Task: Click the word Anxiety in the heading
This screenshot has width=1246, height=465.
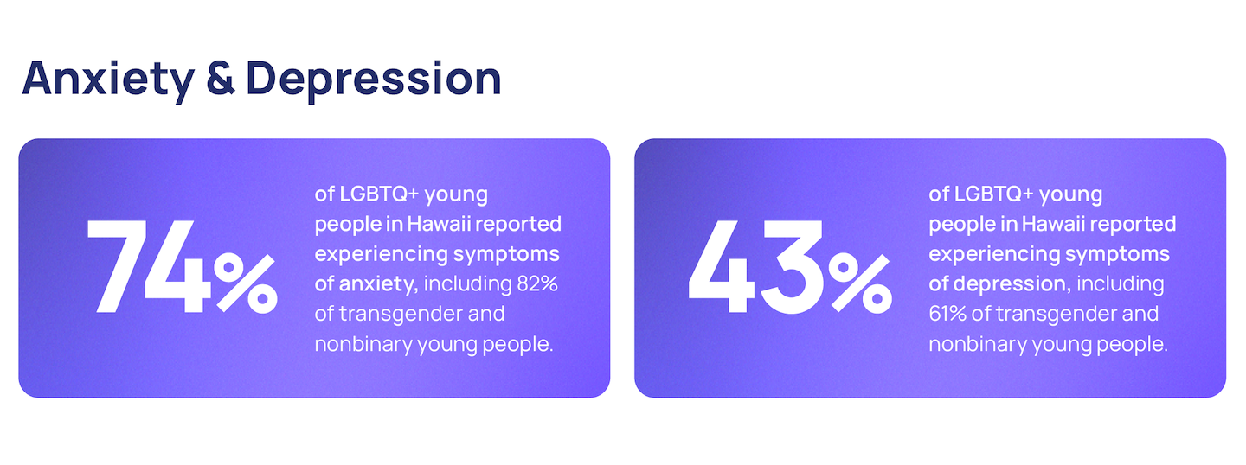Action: pyautogui.click(x=108, y=80)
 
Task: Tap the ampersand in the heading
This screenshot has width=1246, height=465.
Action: pyautogui.click(x=221, y=78)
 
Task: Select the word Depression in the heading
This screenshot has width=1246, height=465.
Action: pyautogui.click(x=374, y=80)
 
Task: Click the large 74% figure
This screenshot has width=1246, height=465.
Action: pyautogui.click(x=182, y=266)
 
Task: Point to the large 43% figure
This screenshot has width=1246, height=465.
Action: pyautogui.click(x=790, y=266)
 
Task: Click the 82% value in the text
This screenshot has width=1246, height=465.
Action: pyautogui.click(x=537, y=283)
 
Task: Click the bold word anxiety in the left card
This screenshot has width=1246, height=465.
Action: pyautogui.click(x=378, y=284)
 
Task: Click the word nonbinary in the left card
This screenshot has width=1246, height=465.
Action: pyautogui.click(x=363, y=345)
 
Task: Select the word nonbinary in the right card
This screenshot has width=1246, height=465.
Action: pyautogui.click(x=978, y=345)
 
